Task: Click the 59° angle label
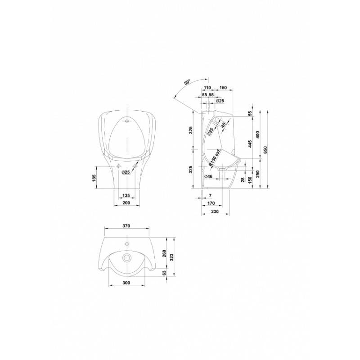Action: click(x=188, y=82)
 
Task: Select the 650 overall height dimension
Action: click(x=265, y=150)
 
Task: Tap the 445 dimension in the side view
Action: click(x=250, y=144)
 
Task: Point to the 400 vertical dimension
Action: click(x=257, y=135)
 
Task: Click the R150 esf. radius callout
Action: click(x=215, y=157)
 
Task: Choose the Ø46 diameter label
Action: click(x=208, y=176)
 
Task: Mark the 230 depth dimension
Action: click(x=215, y=211)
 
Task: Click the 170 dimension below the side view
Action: click(x=211, y=203)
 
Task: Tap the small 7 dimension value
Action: click(x=210, y=195)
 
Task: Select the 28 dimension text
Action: click(x=243, y=180)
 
